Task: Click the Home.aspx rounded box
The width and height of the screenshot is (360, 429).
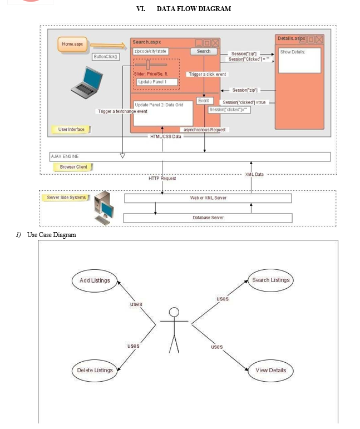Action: tap(72, 44)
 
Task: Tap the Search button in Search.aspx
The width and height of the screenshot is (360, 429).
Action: tap(204, 51)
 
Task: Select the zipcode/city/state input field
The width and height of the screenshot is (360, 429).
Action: tap(151, 51)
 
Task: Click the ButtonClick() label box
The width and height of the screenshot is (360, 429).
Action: tap(106, 57)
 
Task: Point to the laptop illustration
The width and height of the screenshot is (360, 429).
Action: tap(87, 82)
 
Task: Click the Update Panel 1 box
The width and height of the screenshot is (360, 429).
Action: tap(157, 82)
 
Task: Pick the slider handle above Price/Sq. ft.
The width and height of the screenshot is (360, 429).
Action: tap(148, 65)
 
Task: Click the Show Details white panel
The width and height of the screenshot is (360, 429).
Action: tap(299, 61)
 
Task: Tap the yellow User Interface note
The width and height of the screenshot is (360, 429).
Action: tap(71, 130)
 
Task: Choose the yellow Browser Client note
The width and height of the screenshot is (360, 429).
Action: tap(73, 167)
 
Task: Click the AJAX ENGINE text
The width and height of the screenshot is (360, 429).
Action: tap(65, 156)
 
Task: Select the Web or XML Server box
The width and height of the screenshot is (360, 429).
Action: tap(208, 198)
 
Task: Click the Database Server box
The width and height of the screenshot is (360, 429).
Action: tap(208, 218)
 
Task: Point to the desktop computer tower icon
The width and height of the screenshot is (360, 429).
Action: tap(103, 208)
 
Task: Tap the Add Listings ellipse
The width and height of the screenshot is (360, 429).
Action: tap(95, 280)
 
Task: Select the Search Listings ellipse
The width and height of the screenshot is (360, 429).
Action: tap(270, 280)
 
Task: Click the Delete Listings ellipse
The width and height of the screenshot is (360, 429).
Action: tap(95, 371)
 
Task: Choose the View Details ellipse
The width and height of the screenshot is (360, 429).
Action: tap(270, 371)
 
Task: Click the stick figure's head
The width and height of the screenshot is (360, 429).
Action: tap(174, 312)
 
